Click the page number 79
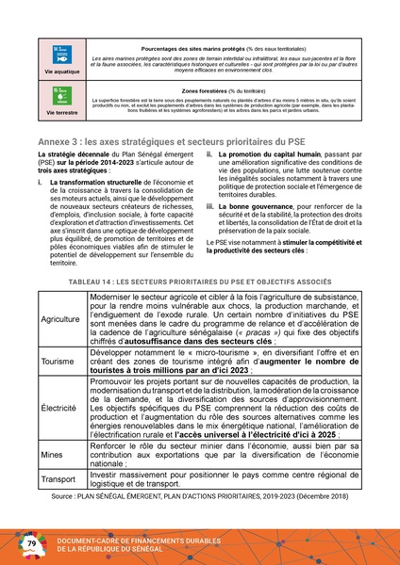[x=30, y=543]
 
